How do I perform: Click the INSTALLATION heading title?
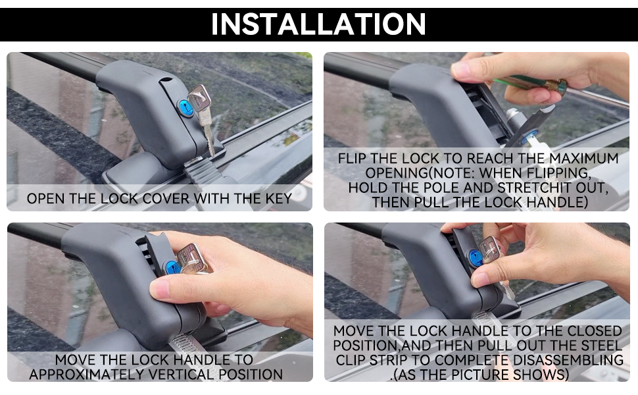318,24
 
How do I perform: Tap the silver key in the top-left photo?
202,118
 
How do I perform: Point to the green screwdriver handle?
529,83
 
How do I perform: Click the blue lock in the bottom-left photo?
172,268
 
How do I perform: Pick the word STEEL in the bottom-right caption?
601,346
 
